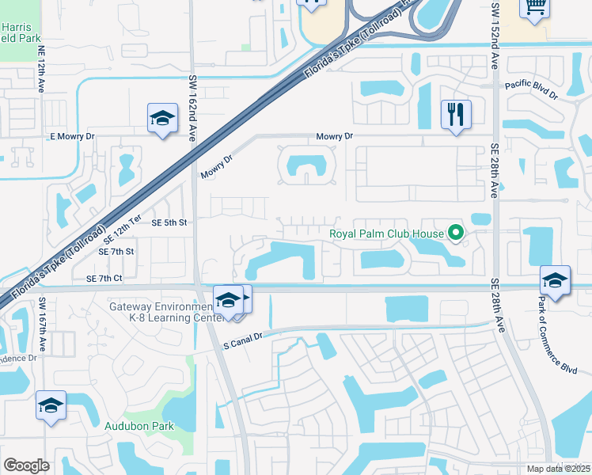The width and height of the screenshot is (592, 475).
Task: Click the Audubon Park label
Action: point(139,426)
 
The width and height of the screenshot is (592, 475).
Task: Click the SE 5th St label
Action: point(170,223)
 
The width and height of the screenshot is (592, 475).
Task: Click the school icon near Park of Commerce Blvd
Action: point(555,281)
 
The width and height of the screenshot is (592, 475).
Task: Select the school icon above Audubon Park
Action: point(51,406)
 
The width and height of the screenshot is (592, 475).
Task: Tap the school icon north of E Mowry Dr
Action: point(163,120)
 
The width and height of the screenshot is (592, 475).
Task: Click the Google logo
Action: point(27,465)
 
